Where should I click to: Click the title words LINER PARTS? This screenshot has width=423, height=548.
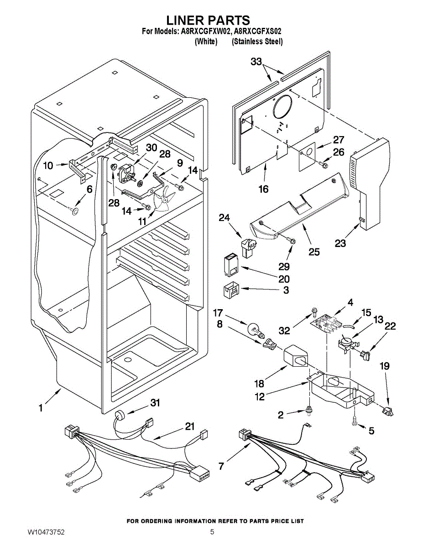click(208, 20)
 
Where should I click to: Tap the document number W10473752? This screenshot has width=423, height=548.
click(46, 532)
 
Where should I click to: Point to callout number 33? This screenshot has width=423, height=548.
click(256, 62)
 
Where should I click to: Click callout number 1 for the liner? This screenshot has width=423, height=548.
click(41, 408)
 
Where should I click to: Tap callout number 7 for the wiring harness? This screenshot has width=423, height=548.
click(221, 466)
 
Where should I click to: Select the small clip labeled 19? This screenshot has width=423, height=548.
click(389, 411)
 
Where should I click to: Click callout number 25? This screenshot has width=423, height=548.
click(314, 252)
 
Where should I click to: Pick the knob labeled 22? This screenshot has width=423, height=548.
click(365, 353)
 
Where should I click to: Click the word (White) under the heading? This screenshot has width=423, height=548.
click(206, 42)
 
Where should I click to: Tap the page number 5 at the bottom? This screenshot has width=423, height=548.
click(212, 532)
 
